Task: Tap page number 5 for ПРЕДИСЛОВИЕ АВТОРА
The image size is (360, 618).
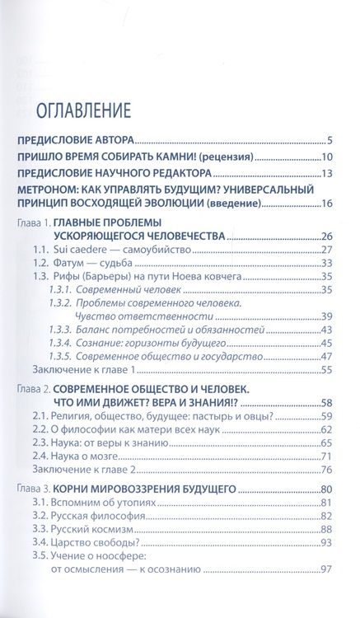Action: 329,141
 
